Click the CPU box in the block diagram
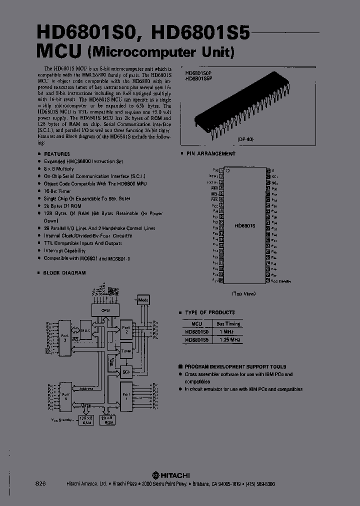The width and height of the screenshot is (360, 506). point(105,310)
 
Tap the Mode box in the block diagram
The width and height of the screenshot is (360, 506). point(143,300)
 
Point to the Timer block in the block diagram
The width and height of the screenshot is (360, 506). point(125,351)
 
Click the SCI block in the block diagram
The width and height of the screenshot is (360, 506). point(125,372)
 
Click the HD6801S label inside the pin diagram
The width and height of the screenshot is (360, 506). point(245,226)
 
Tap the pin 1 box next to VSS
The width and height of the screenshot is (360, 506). point(221,170)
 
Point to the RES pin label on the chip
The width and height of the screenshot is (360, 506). point(214,198)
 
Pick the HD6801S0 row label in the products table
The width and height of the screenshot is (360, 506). point(196,331)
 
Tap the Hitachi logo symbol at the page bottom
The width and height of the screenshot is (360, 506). point(156,475)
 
